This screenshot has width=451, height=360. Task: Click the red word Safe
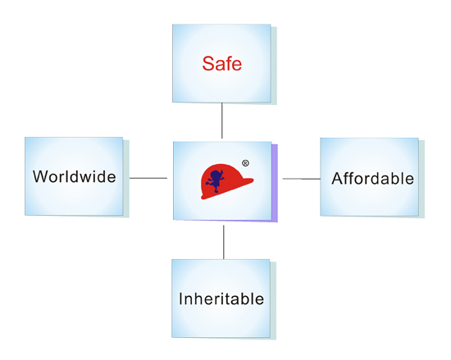tap(221, 63)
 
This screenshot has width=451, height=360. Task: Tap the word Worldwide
tap(74, 176)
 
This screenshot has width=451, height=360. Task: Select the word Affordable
tap(373, 178)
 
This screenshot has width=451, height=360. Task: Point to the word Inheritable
tap(221, 298)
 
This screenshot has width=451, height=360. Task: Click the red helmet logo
tap(226, 181)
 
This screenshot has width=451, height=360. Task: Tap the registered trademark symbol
tap(245, 163)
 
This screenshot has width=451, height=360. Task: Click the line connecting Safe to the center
tap(221, 121)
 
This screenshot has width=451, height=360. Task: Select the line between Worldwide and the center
tap(148, 178)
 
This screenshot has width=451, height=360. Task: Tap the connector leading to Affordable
tap(302, 179)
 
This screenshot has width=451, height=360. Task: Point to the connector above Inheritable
tap(224, 242)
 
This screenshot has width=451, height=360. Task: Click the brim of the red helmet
tap(227, 189)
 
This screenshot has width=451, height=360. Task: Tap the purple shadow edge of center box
tap(275, 183)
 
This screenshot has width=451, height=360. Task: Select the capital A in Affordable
tap(338, 179)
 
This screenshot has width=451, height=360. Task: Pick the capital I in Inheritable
tap(180, 298)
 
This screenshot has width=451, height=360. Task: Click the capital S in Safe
tap(208, 63)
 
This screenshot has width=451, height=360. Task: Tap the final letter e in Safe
tap(237, 66)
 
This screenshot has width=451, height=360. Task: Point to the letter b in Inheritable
tap(245, 298)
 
